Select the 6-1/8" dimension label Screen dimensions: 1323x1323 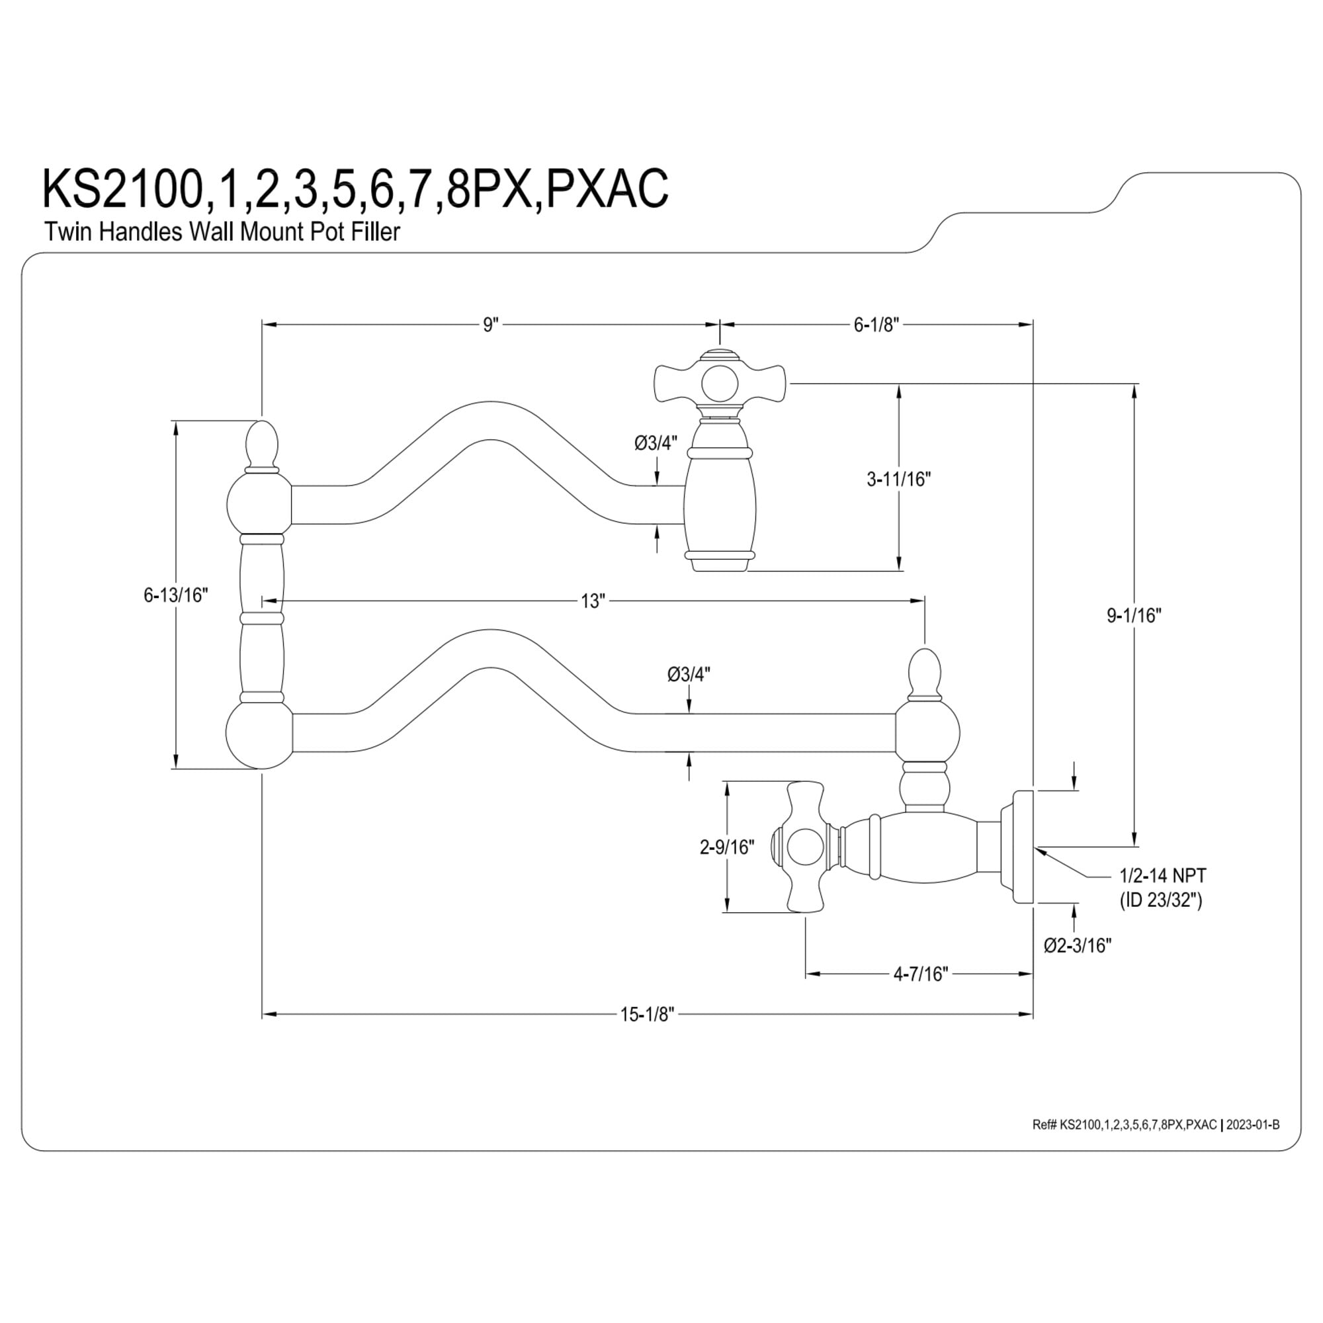pos(876,325)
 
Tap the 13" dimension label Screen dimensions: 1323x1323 pos(593,601)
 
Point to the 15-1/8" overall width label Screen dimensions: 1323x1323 pos(647,1015)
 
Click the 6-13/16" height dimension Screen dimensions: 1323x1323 pos(175,595)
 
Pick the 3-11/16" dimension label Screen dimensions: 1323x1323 pos(899,480)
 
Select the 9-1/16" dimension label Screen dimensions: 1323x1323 pos(1134,616)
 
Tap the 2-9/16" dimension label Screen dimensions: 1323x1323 pos(726,847)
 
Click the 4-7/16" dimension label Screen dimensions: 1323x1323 pos(920,974)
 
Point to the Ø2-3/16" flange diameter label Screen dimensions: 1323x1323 pos(1077,945)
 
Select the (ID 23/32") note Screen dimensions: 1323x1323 pos(1161,900)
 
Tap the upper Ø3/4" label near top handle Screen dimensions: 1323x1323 pos(656,443)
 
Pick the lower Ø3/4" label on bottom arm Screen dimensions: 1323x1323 pos(689,675)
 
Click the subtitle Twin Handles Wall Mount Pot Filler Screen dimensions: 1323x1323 pos(222,232)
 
